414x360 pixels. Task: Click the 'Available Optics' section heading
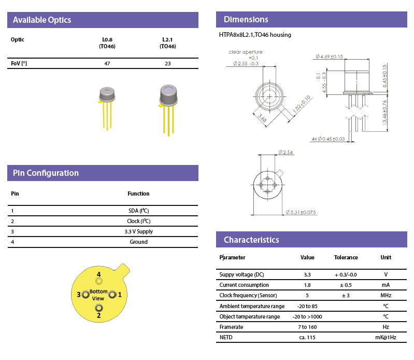click(x=42, y=20)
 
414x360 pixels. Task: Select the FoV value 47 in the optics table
click(x=107, y=63)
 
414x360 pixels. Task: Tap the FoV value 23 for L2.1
click(x=167, y=63)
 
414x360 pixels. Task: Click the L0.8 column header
click(x=107, y=43)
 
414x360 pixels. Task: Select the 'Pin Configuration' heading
click(x=46, y=173)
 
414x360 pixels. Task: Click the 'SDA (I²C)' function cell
click(x=138, y=211)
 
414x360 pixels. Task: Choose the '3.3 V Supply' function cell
click(x=138, y=231)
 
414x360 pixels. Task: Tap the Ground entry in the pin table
click(x=138, y=242)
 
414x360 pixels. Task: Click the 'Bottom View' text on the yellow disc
click(x=98, y=295)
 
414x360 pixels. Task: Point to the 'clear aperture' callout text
click(x=246, y=52)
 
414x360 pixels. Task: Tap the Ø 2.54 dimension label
click(x=285, y=152)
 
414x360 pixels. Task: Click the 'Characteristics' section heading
click(x=251, y=240)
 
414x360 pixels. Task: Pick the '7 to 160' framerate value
click(x=307, y=327)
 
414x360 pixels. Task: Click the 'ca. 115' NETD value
click(x=307, y=337)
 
